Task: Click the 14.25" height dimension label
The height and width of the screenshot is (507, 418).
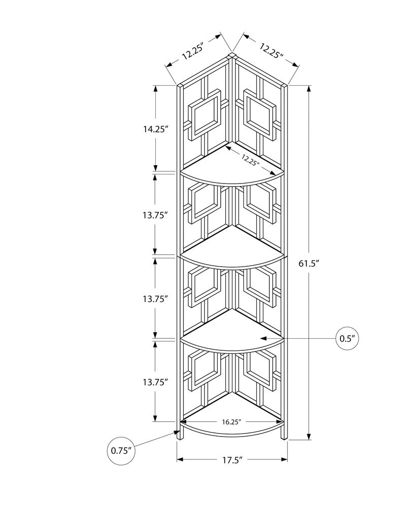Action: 155,129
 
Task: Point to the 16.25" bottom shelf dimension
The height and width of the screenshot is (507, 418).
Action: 231,421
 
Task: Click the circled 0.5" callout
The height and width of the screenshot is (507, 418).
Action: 346,338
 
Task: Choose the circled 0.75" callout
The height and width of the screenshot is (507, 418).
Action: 121,450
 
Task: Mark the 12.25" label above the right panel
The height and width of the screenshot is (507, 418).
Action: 271,51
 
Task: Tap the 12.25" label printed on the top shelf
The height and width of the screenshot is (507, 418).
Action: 250,160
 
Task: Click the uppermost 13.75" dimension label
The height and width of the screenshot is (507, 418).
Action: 155,214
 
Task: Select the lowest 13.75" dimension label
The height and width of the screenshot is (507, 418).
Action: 155,382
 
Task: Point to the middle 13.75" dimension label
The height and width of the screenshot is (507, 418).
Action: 155,299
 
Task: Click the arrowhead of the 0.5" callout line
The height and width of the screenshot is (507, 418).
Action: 263,338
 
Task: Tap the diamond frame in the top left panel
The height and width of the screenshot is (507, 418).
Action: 205,114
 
